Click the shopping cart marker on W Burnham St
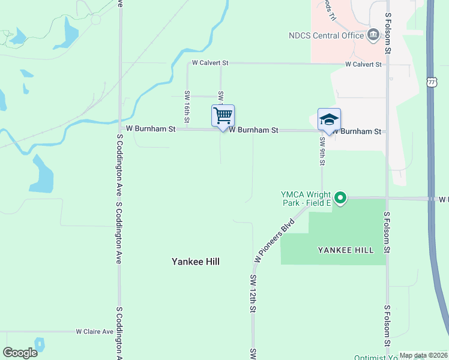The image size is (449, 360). pos(223,115)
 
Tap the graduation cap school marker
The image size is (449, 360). pos(329,119)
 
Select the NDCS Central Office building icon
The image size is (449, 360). pos(373,35)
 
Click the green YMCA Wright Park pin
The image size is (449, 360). pos(340,197)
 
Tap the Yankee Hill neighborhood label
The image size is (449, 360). pos(196,262)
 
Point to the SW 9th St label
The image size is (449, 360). pos(322,151)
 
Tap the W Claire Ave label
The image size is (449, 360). pos(95,331)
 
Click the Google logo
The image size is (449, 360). pos(20,353)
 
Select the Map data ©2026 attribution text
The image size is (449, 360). pos(423,355)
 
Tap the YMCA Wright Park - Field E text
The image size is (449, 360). pos(306,199)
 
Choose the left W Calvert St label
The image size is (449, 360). pos(211,62)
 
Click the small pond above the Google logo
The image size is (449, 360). pos(40,344)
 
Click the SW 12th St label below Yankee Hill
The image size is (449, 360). pos(253,293)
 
